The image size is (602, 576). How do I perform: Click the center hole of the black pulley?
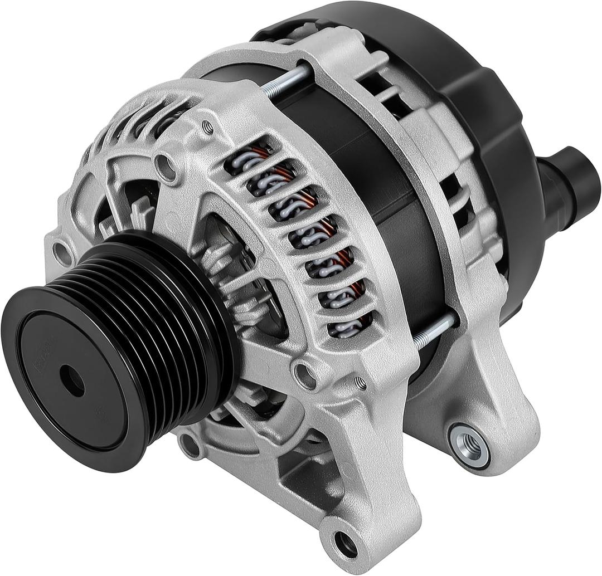pyautogui.click(x=72, y=381)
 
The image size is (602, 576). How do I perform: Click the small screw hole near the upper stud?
pyautogui.click(x=208, y=128)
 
